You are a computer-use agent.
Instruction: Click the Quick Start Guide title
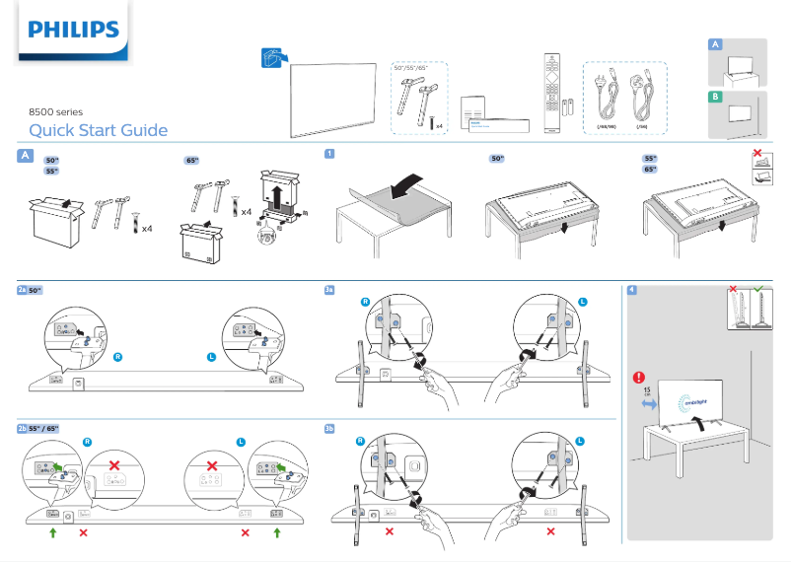98,130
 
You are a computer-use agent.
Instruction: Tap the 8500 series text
56,112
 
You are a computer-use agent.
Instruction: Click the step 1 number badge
329,154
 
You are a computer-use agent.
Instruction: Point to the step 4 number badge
631,290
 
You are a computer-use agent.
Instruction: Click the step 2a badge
23,290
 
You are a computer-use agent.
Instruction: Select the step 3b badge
330,429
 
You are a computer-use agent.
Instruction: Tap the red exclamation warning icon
639,377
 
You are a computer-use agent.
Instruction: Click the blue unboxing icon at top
273,59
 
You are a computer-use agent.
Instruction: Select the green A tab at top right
715,44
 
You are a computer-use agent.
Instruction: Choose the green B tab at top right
715,97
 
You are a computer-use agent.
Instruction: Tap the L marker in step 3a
582,301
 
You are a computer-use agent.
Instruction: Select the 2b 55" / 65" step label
38,429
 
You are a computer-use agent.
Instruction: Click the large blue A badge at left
25,156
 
